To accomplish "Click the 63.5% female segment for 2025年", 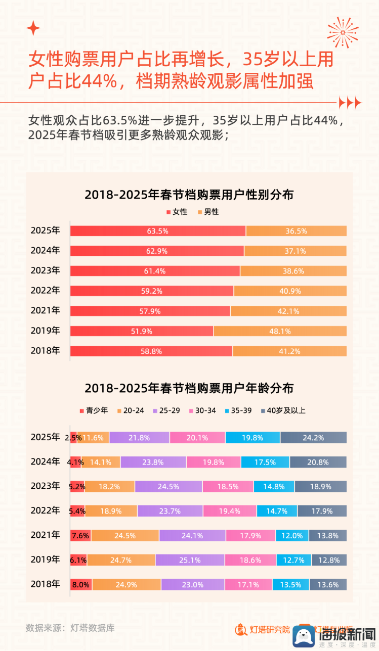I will pos(157,231).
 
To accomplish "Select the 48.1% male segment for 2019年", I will pos(279,331).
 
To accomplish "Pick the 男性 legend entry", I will pos(208,212).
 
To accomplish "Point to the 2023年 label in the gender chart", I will pos(45,271).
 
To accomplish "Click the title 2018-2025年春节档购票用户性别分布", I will pos(189,195).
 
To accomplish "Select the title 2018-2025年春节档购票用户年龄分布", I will pos(189,388).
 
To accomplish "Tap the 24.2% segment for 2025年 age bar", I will pos(313,438).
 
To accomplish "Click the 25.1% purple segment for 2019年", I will pos(190,560).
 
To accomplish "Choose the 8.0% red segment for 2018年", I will pos(81,585).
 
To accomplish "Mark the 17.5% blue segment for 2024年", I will pos(265,462).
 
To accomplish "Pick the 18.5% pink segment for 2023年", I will pos(228,486).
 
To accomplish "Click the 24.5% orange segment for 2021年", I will pos(124,536).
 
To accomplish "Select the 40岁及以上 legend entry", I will pos(283,410).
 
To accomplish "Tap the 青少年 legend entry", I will pos(94,410).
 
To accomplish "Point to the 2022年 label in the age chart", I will pos(45,510).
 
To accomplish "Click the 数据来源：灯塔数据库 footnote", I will pos(70,628).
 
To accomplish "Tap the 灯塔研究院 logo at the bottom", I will pos(263,630).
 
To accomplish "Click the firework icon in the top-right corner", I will pos(343,32).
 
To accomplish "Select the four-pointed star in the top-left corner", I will pos(33,28).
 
